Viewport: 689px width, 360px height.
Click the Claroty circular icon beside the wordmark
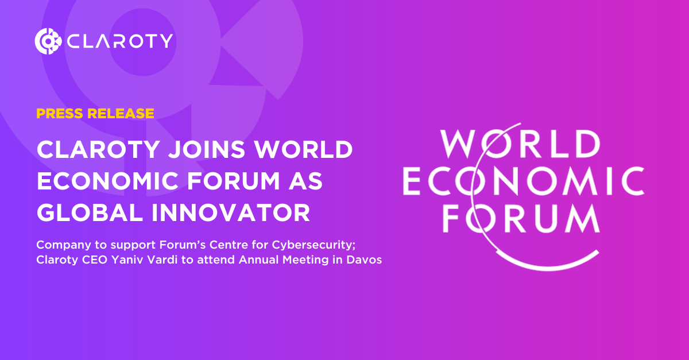(x=48, y=41)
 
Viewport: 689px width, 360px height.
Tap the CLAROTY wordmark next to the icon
(x=119, y=41)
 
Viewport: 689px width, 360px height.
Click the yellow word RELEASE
(x=121, y=113)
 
